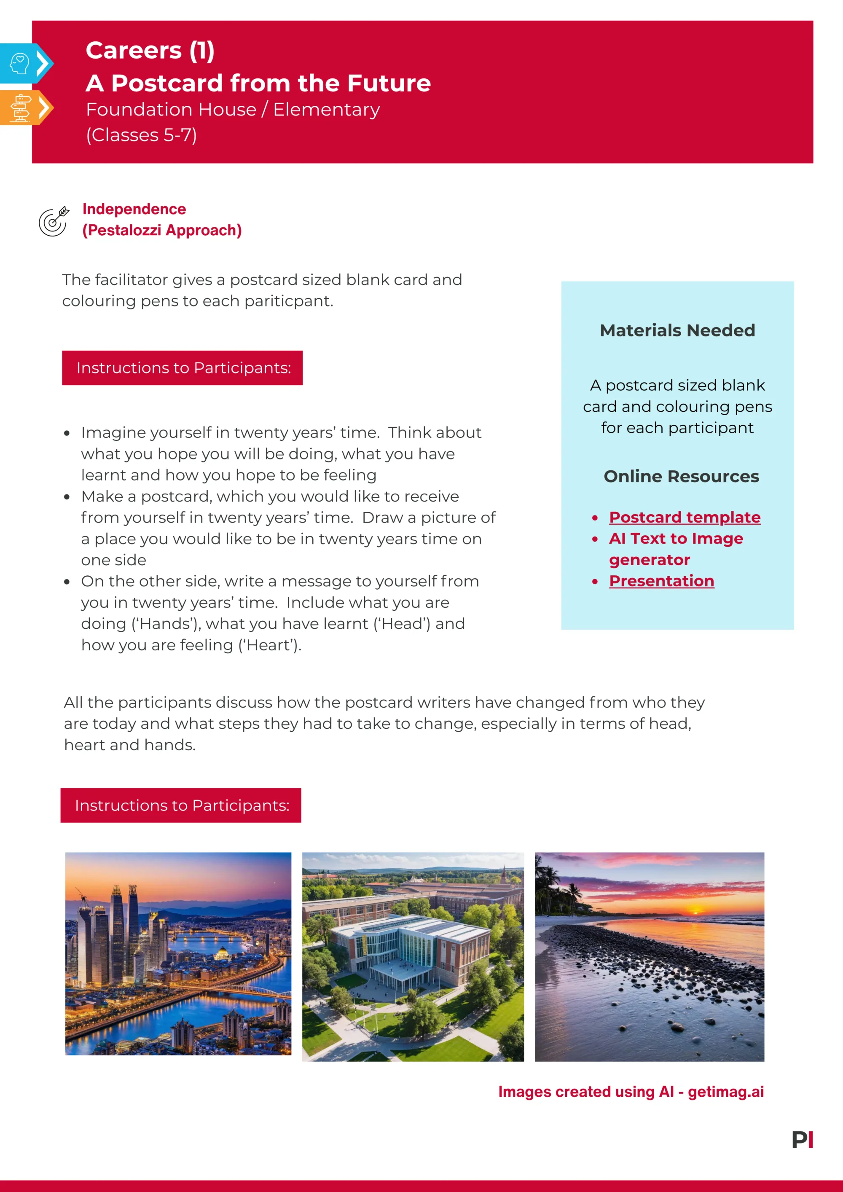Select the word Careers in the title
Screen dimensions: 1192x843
(x=134, y=50)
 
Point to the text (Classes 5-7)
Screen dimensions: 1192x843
(x=141, y=135)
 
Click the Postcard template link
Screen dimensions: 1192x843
(x=685, y=517)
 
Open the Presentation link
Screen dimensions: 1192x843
(x=661, y=581)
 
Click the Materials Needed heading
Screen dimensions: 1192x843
(x=677, y=330)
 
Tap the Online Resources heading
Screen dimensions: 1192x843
(x=681, y=476)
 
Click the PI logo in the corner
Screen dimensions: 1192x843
(x=802, y=1140)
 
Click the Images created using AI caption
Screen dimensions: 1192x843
(x=631, y=1092)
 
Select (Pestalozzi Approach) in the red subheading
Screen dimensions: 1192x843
(x=162, y=230)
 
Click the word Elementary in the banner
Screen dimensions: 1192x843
(x=327, y=110)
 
